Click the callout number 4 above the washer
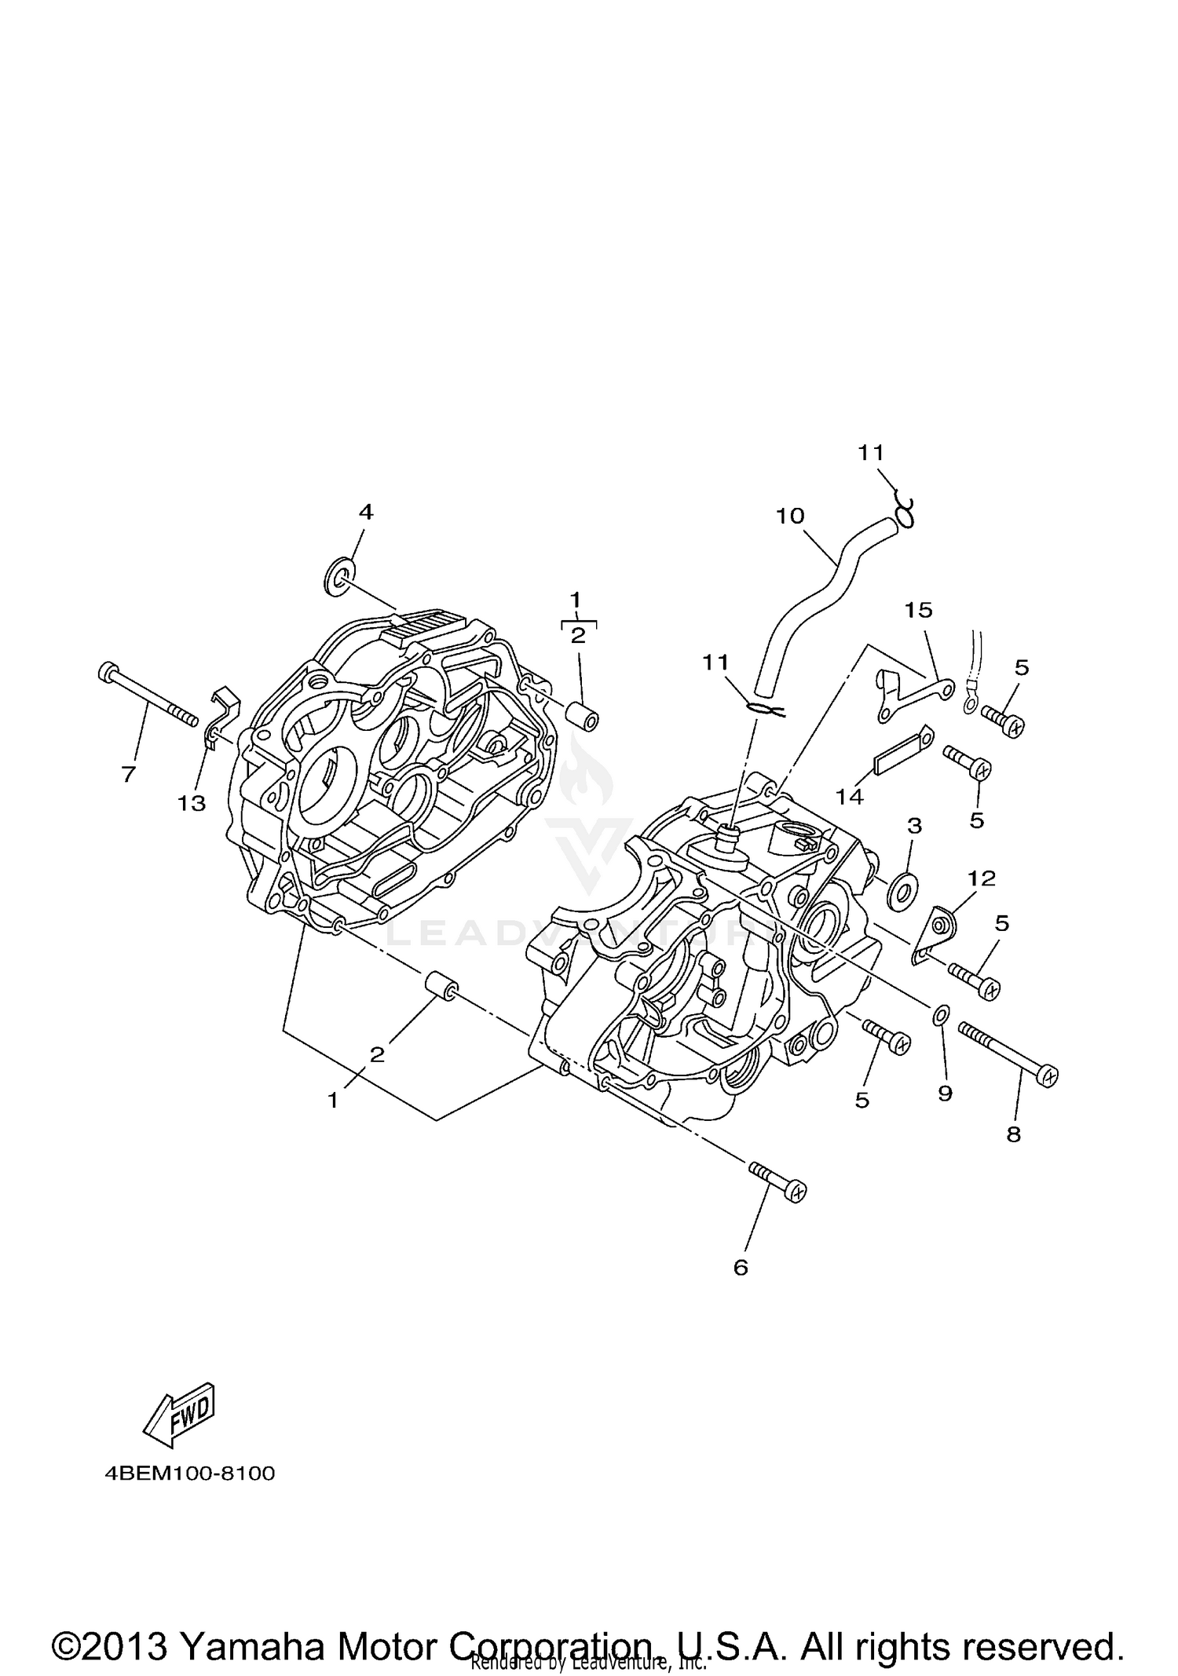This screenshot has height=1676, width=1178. click(365, 513)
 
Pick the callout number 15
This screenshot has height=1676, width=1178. click(918, 609)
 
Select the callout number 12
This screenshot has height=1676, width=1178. click(982, 878)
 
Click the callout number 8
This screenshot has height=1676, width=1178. click(1014, 1134)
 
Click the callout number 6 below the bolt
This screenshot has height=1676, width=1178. click(741, 1267)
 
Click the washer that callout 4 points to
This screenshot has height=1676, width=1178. click(338, 577)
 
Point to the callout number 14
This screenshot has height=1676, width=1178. click(850, 797)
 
